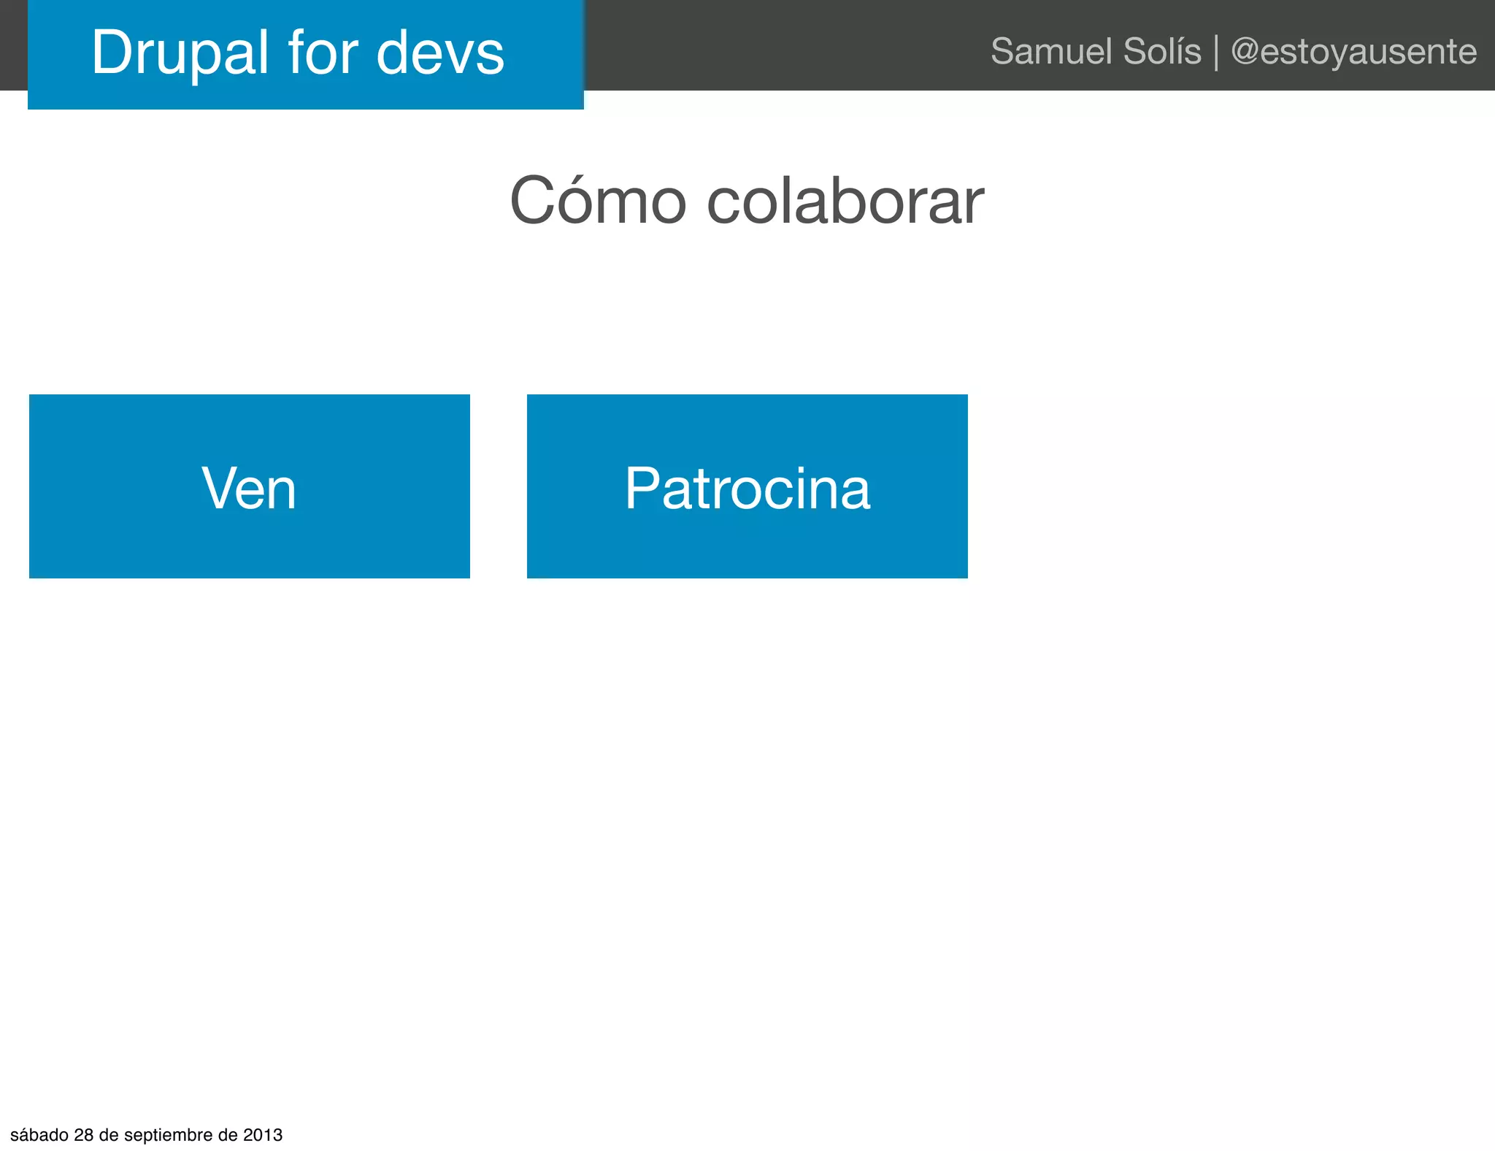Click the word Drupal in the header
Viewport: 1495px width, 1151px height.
(x=180, y=53)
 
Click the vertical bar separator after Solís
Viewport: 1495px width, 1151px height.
(x=1216, y=53)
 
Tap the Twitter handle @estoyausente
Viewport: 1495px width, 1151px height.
(x=1354, y=51)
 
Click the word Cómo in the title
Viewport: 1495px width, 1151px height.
(x=598, y=201)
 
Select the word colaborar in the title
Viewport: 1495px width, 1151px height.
(x=845, y=201)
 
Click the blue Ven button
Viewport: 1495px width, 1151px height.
(x=250, y=486)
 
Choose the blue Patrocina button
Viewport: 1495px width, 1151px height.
(x=747, y=486)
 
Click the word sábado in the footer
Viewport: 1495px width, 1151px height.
(x=39, y=1135)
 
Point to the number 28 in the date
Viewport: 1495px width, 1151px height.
(x=84, y=1135)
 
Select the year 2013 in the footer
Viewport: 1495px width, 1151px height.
(x=263, y=1135)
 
